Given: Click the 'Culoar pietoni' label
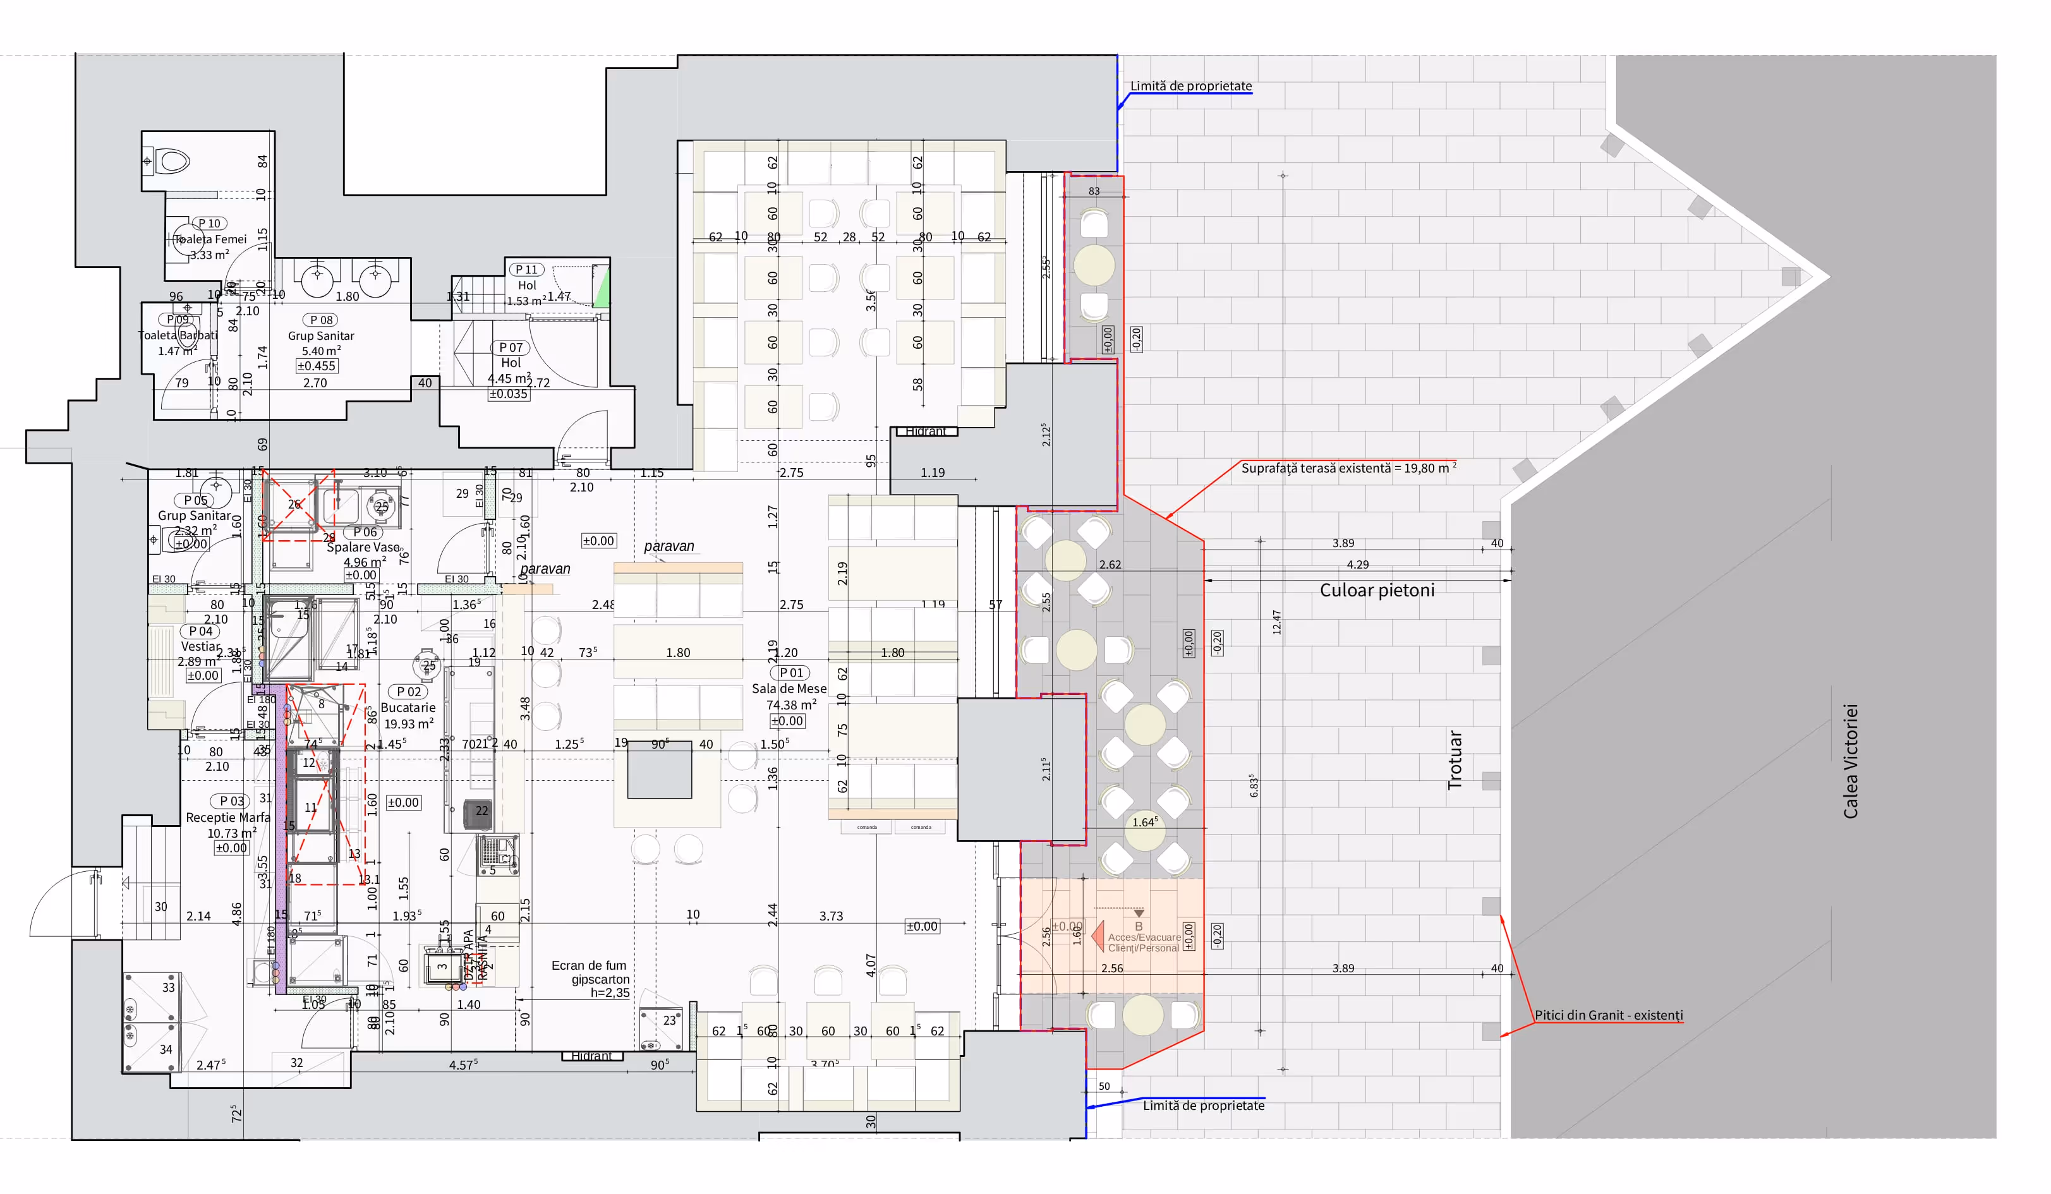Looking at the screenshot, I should (x=1376, y=590).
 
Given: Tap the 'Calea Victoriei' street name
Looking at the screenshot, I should (x=1850, y=761).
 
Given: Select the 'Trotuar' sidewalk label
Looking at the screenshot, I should (x=1455, y=760).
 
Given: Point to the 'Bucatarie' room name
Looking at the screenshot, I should (x=408, y=708).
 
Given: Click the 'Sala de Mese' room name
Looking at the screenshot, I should (x=789, y=689).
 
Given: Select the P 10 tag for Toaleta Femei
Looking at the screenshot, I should (x=209, y=223).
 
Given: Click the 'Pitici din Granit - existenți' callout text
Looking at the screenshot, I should (x=1608, y=1015).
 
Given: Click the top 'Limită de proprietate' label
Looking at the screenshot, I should (x=1190, y=87).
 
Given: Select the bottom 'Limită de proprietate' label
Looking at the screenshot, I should (x=1203, y=1106).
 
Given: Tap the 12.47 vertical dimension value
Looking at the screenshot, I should (x=1276, y=623).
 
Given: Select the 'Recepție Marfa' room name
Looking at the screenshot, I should (x=228, y=817).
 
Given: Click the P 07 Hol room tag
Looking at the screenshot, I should (x=511, y=347).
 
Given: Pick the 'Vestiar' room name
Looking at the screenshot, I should (x=200, y=646).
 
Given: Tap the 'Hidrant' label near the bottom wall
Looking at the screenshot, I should (x=591, y=1056).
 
